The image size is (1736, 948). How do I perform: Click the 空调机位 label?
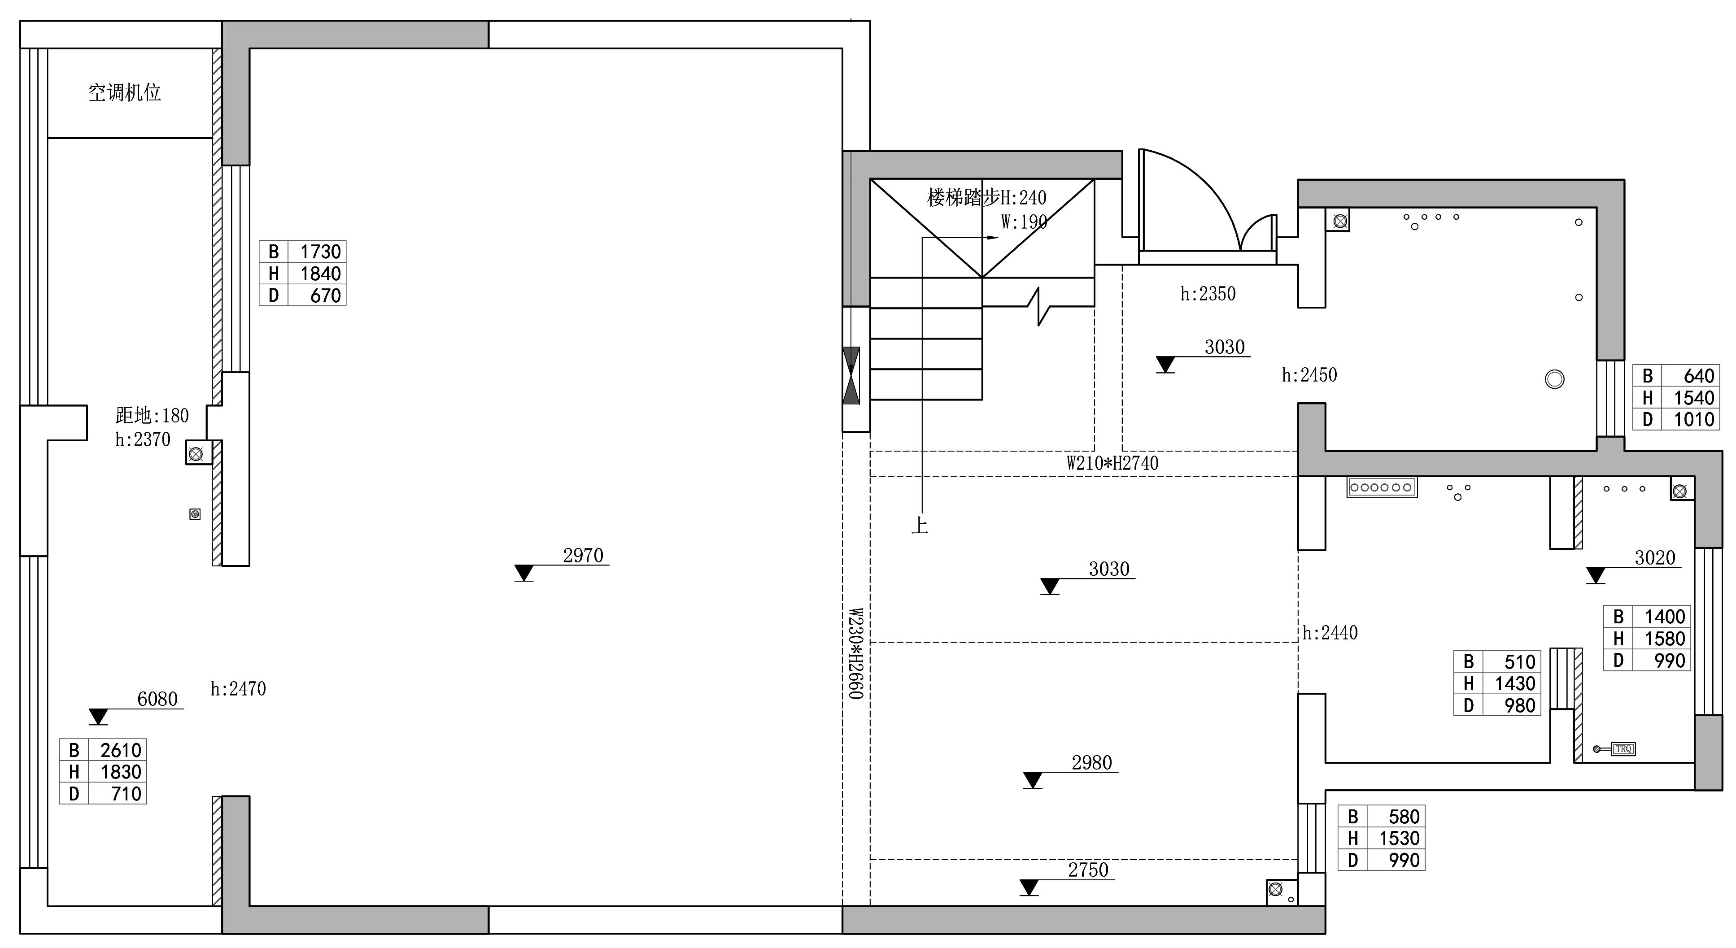coord(125,92)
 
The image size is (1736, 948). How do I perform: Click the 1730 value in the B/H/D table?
coord(320,251)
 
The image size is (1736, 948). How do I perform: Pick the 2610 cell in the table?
coord(121,750)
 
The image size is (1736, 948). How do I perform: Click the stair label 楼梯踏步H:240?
coord(986,197)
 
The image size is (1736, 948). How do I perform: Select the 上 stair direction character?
coord(920,525)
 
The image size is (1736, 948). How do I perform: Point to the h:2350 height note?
coord(1208,294)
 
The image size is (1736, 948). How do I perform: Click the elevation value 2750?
coord(1088,870)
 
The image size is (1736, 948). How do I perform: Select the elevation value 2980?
coord(1092,763)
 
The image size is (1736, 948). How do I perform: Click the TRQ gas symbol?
coord(1623,748)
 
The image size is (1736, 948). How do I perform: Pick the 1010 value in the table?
coord(1693,420)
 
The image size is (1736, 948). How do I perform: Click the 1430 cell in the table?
coord(1515,684)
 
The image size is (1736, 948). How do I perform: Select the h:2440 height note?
coord(1330,633)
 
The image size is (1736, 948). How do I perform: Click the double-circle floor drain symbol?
coord(1554,379)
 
